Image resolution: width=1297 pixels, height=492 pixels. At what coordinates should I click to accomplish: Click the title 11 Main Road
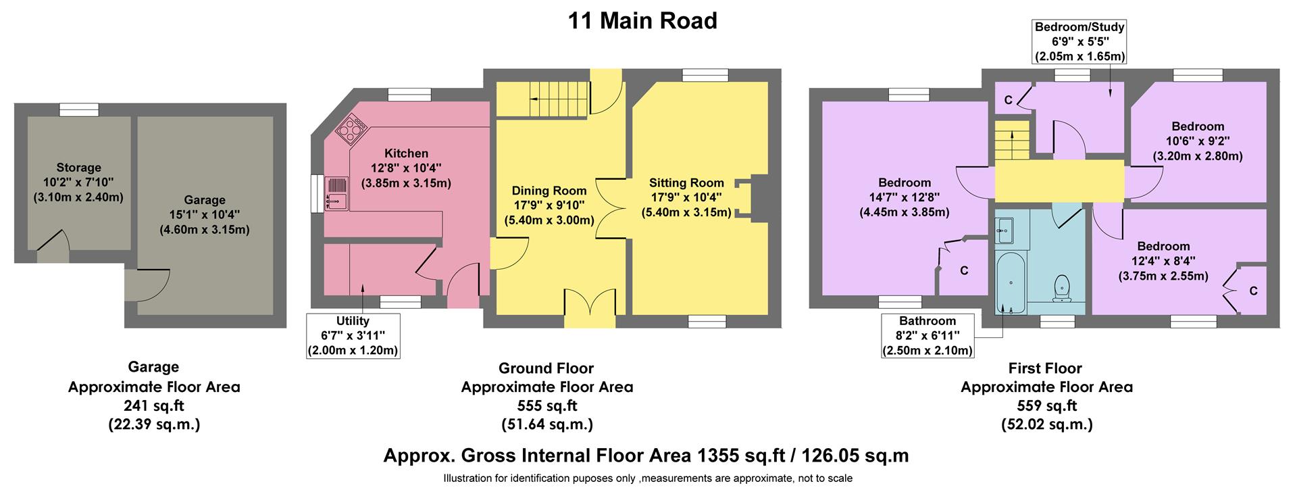pos(642,21)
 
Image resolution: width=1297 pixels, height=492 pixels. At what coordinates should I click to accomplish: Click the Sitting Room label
pos(686,182)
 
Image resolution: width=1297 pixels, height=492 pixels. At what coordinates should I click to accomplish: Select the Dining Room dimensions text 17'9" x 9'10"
pos(549,205)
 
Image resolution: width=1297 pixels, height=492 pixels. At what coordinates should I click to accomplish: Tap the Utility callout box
pos(353,335)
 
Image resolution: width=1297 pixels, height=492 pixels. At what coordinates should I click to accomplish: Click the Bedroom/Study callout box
pos(1079,41)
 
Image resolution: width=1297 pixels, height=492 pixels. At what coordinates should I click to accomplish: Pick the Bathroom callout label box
pos(927,335)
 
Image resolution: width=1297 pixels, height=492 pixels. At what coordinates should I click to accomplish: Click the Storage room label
pos(78,168)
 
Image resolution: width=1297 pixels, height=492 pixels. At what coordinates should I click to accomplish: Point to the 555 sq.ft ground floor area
pos(547,405)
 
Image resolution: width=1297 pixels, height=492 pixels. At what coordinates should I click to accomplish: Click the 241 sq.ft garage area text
pos(154,405)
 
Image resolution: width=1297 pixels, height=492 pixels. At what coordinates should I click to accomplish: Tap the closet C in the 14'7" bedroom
pos(964,270)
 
